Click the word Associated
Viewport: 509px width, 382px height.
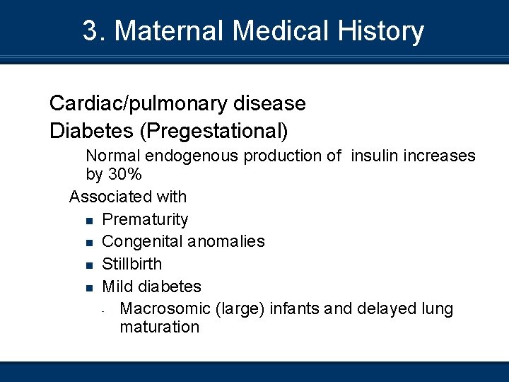106,196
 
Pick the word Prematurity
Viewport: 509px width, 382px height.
145,219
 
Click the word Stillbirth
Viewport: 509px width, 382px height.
132,264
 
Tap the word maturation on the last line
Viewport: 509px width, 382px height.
160,327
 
